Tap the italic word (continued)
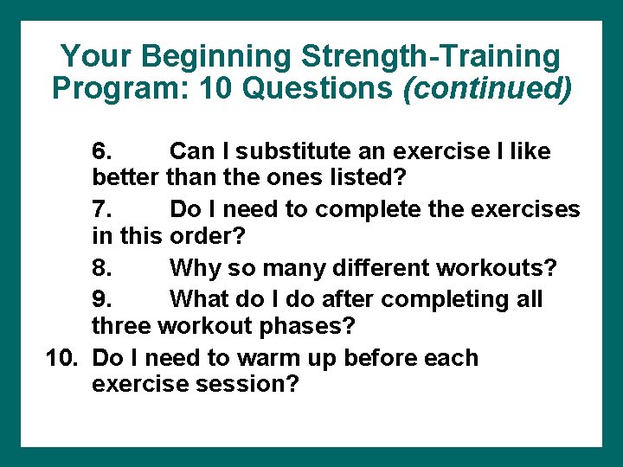click(487, 89)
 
